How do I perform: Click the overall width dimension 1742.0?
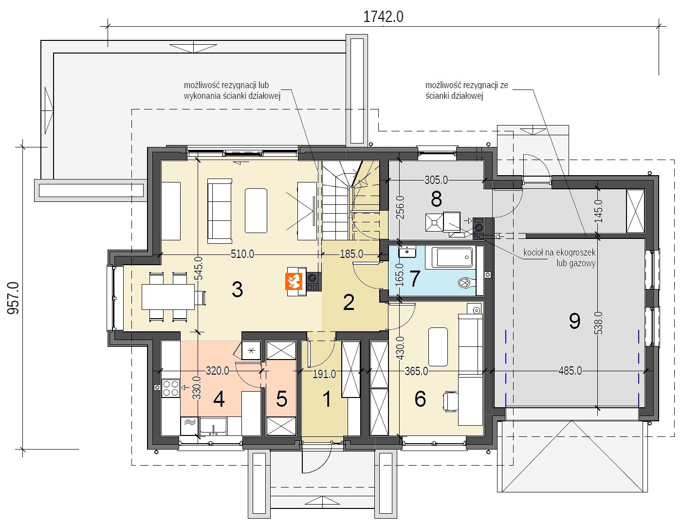coord(383,17)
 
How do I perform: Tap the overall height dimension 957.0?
coord(13,298)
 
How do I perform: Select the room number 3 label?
coord(237,289)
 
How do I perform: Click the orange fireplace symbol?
coord(294,281)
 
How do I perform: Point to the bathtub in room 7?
coord(452,257)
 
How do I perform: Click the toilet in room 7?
coord(467,283)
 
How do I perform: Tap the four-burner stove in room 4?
coord(170,388)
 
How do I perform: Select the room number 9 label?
coord(575,321)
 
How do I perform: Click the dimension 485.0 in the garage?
coord(570,371)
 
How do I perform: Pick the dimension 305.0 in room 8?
coord(436,180)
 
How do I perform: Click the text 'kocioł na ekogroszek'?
coord(559,253)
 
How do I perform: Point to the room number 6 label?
coord(420,399)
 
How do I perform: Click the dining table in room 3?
coord(168,297)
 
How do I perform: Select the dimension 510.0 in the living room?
coord(242,253)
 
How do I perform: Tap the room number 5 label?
coord(281,399)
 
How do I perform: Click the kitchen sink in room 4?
coord(213,426)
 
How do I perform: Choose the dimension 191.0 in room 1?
coord(324,374)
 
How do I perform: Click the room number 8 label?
coord(436,199)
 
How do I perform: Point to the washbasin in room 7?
coord(407,252)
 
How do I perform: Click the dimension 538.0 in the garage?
coord(599,323)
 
